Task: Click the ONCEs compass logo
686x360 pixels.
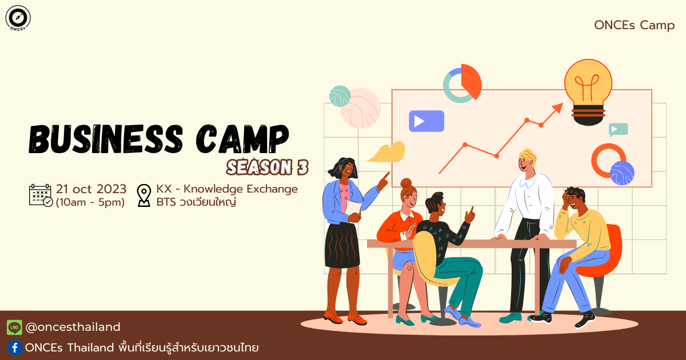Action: [x=18, y=18]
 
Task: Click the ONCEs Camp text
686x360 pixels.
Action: [x=634, y=25]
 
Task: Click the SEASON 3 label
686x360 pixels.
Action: [x=267, y=167]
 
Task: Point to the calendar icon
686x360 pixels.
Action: [x=41, y=195]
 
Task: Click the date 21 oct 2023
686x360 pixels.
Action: [x=91, y=189]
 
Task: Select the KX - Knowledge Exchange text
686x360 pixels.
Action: [x=226, y=189]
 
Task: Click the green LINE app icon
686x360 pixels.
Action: [x=14, y=327]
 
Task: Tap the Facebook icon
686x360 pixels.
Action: [x=14, y=347]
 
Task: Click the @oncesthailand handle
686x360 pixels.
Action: [x=73, y=327]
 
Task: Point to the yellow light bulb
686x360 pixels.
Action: [x=588, y=91]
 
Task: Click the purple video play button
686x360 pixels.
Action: [x=426, y=121]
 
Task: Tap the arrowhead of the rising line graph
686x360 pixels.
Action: [x=558, y=107]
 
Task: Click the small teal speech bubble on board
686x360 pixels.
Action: [x=618, y=129]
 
